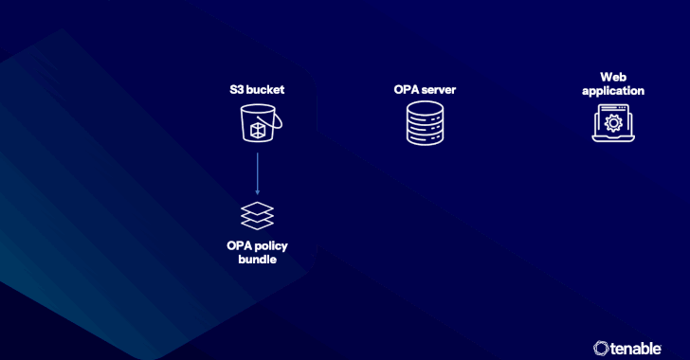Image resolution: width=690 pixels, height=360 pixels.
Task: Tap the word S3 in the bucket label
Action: click(x=237, y=90)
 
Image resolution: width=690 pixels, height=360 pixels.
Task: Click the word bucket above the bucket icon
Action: click(x=266, y=90)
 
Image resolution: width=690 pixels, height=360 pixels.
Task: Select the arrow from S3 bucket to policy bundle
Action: click(x=257, y=171)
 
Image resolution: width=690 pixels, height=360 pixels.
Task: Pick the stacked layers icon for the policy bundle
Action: click(x=257, y=215)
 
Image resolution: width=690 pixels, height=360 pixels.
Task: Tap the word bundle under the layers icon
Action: click(x=257, y=259)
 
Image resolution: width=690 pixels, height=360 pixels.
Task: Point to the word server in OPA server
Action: click(x=438, y=90)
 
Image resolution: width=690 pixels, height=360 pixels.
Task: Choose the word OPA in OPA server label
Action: click(x=408, y=90)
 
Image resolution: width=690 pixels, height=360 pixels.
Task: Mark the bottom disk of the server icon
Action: click(x=425, y=138)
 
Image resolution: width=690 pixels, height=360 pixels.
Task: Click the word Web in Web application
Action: click(x=613, y=77)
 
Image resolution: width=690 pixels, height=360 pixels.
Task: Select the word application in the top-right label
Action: click(x=613, y=91)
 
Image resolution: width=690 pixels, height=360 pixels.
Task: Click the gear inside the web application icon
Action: click(x=613, y=123)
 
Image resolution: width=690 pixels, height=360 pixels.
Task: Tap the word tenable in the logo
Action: click(x=645, y=348)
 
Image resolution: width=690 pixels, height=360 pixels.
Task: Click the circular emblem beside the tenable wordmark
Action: click(x=600, y=348)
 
